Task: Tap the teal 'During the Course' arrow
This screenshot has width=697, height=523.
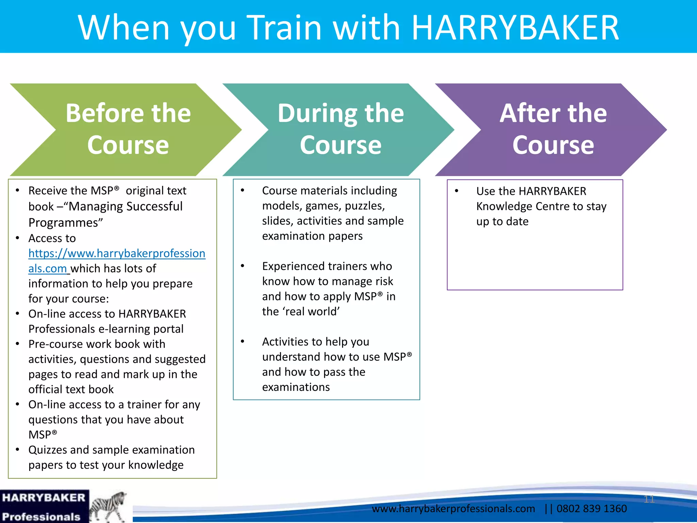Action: click(340, 129)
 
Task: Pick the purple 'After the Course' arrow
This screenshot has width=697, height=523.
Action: click(553, 129)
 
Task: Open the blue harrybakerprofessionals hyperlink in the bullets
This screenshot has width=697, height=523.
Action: click(117, 254)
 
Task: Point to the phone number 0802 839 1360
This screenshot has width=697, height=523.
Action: click(591, 509)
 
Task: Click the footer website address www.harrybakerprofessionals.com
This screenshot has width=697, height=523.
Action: click(453, 509)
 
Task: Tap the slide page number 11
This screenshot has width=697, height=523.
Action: click(649, 499)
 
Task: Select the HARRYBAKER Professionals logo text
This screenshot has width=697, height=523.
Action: click(44, 507)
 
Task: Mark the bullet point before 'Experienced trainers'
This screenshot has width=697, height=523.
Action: click(243, 266)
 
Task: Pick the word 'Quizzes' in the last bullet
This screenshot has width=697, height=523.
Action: click(48, 450)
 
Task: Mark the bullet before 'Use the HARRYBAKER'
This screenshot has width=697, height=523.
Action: click(457, 191)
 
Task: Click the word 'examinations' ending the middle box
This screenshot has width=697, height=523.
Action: click(296, 387)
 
